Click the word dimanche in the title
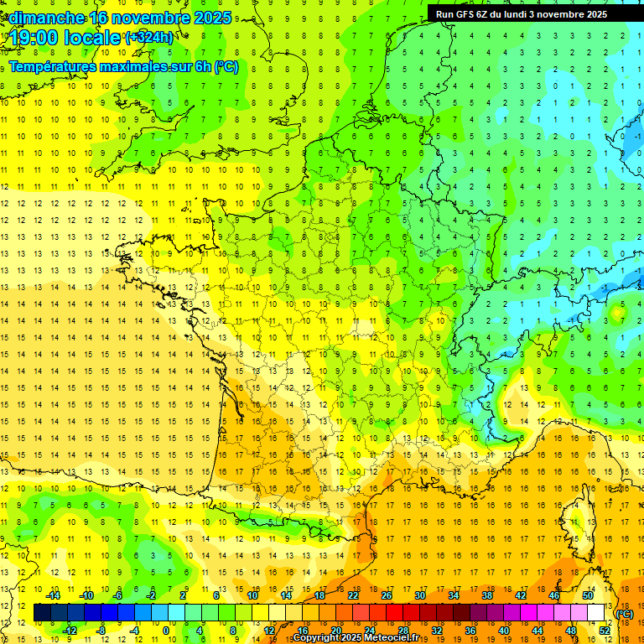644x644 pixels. pyautogui.click(x=46, y=18)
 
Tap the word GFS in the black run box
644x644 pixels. pyautogui.click(x=468, y=14)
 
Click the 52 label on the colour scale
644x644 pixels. pyautogui.click(x=604, y=631)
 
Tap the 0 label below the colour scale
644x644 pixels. pyautogui.click(x=166, y=631)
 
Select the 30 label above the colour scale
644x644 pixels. pyautogui.click(x=419, y=595)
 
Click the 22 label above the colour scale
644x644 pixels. pyautogui.click(x=353, y=595)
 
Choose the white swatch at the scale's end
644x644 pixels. pyautogui.click(x=596, y=613)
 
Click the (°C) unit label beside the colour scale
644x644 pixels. pyautogui.click(x=625, y=614)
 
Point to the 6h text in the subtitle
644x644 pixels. pyautogui.click(x=201, y=66)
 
